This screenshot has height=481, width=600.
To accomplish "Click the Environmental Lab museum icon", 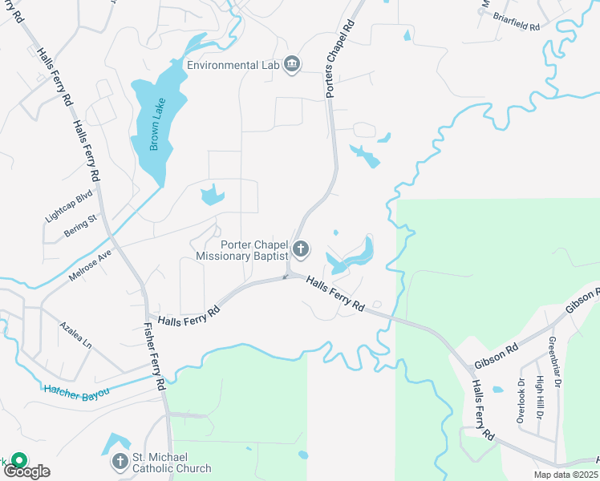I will click(291, 65).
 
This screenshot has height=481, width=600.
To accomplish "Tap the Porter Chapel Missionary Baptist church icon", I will click(301, 250).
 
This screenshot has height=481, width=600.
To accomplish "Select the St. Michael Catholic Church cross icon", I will click(120, 462).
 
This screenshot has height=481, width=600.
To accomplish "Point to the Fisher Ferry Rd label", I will click(154, 356).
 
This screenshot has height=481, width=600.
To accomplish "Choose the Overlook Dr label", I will click(521, 400).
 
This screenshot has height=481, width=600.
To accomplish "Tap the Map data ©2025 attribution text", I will click(565, 475).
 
